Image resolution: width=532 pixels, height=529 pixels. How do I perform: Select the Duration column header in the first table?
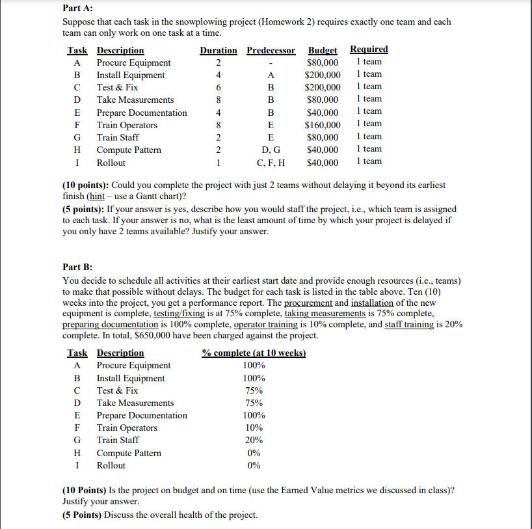point(219,50)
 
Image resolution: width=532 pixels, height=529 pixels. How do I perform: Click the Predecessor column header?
point(271,50)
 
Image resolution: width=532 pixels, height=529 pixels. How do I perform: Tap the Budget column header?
point(323,50)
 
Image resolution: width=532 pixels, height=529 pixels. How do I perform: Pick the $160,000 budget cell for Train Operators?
point(323,125)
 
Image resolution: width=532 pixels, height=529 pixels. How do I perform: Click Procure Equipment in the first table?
point(133,63)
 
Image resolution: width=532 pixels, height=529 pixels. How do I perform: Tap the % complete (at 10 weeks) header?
point(253,353)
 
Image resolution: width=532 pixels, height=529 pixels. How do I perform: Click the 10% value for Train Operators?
point(253,427)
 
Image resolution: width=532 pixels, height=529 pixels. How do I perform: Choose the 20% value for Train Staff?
point(253,441)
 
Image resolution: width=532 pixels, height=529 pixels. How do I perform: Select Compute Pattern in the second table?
point(129,453)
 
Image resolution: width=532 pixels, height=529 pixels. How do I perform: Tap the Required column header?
point(369,49)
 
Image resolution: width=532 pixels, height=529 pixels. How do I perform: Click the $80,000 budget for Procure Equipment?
point(323,63)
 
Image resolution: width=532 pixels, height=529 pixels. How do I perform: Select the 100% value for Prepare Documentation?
point(253,415)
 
